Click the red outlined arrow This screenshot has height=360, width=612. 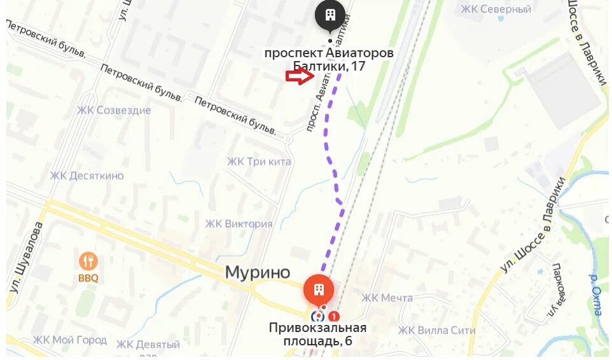300,77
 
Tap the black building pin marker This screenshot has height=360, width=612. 330,15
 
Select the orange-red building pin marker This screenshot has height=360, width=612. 319,290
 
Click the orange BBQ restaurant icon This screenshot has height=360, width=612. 88,261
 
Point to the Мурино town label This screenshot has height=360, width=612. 258,272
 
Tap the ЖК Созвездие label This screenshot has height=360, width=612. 114,110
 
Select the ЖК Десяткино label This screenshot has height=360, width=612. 87,176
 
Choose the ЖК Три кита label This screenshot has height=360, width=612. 259,162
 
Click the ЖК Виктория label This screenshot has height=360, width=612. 239,223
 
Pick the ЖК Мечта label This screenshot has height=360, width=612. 387,298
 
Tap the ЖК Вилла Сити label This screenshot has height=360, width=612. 436,330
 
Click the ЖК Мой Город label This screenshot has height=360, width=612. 70,340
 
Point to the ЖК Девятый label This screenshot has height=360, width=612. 148,345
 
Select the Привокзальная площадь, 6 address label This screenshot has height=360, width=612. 317,334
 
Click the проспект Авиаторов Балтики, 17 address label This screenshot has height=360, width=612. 329,59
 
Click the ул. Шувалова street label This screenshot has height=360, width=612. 25,258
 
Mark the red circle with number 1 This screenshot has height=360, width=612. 334,316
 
